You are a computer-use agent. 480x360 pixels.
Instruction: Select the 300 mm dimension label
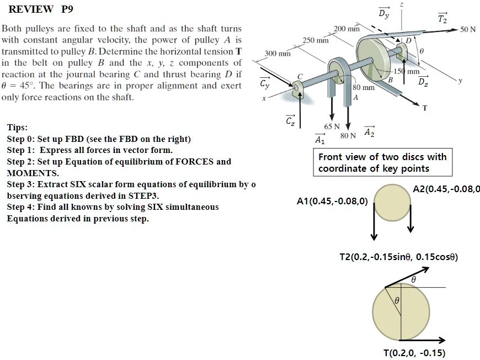point(278,53)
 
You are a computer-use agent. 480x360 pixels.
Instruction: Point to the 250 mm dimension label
point(316,40)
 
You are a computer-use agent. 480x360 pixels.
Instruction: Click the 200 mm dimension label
point(347,28)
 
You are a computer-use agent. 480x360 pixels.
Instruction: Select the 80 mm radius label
point(364,87)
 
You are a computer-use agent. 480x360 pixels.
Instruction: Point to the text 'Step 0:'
point(20,139)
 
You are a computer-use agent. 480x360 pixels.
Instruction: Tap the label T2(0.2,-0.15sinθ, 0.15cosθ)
point(398,257)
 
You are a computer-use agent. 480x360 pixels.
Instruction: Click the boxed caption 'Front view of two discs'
point(382,162)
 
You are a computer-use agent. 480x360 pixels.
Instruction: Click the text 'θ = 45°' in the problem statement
point(19,86)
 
